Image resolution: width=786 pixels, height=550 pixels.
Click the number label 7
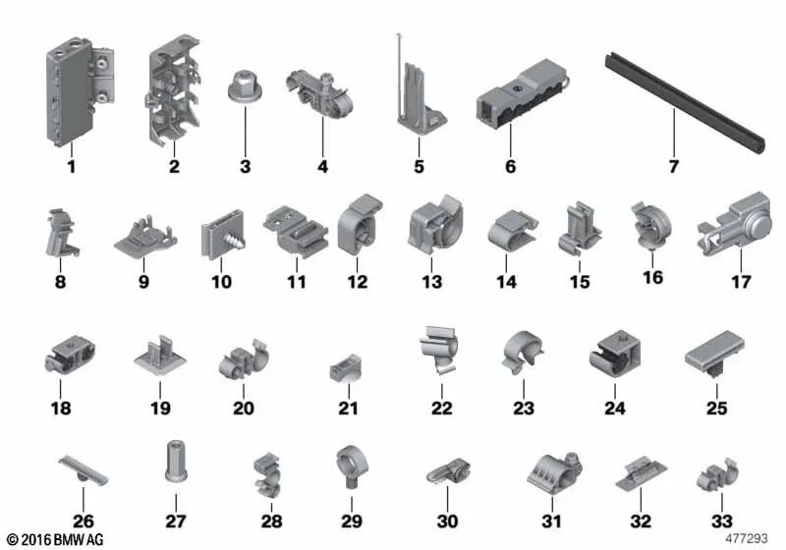673,167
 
